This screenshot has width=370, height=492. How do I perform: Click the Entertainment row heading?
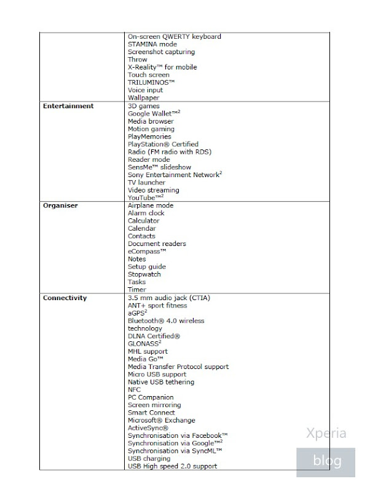click(x=68, y=106)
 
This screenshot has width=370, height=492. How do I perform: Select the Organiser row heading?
click(x=60, y=205)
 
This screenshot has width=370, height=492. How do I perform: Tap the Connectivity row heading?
click(x=65, y=298)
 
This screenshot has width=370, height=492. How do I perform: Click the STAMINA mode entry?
click(x=152, y=44)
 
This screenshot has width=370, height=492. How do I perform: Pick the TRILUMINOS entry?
click(x=151, y=82)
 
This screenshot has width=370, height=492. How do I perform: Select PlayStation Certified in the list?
click(x=163, y=145)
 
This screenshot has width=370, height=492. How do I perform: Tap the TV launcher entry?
click(x=146, y=183)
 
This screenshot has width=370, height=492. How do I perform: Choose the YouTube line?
click(x=144, y=198)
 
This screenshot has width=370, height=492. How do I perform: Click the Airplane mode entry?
click(x=151, y=205)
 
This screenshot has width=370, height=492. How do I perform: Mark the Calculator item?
click(x=143, y=221)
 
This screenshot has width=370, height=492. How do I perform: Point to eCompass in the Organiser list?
click(x=147, y=252)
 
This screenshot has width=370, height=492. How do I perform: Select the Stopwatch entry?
click(x=144, y=274)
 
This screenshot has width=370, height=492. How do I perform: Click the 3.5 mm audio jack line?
click(x=168, y=298)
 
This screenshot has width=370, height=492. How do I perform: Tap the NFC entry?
click(x=134, y=390)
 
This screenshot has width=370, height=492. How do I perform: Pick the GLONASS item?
click(x=144, y=344)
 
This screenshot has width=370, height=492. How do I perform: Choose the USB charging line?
click(x=149, y=459)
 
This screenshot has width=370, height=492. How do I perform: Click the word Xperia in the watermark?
click(x=326, y=433)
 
